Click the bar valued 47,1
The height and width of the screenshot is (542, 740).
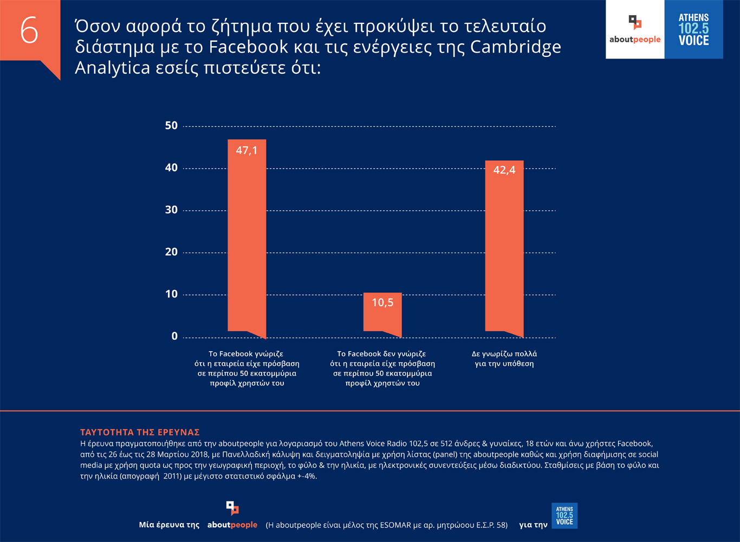click(246, 238)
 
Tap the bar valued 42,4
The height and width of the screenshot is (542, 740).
click(504, 249)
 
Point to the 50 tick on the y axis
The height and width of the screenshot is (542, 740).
click(171, 126)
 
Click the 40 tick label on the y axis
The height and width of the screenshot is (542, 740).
click(171, 168)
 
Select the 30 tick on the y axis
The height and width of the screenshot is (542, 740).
click(171, 210)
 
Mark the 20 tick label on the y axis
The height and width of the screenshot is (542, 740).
click(171, 252)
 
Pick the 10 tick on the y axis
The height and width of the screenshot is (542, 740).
click(171, 294)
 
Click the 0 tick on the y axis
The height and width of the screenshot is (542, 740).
click(174, 337)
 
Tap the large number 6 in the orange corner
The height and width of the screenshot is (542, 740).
click(29, 30)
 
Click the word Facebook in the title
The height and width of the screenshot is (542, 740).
click(248, 47)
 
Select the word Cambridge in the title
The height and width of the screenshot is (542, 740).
click(515, 47)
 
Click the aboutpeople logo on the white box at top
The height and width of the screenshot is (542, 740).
click(635, 30)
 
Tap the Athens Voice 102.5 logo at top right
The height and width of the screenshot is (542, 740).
click(693, 30)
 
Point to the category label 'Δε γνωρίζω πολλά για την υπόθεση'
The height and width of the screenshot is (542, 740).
click(504, 359)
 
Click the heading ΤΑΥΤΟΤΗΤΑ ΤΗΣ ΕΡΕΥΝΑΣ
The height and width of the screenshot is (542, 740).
click(140, 433)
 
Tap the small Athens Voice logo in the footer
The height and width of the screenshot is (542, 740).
click(564, 515)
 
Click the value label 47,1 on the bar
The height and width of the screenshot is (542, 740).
click(246, 151)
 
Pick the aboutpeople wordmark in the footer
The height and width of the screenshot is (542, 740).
click(232, 525)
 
